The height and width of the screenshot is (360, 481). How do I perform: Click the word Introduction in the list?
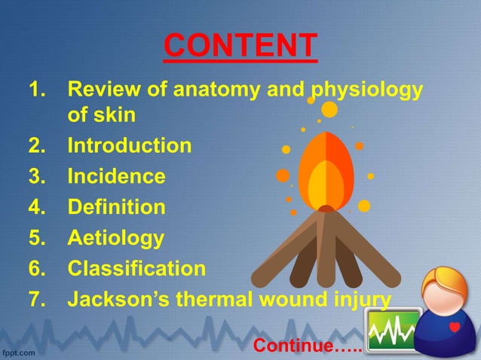tap(130, 145)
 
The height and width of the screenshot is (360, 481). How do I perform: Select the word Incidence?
tap(116, 176)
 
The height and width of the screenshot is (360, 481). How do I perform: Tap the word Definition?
tap(116, 207)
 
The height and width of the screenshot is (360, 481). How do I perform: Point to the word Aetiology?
tap(115, 239)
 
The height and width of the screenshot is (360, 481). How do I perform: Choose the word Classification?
tap(136, 269)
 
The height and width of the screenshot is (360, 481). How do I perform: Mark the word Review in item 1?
tap(103, 92)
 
